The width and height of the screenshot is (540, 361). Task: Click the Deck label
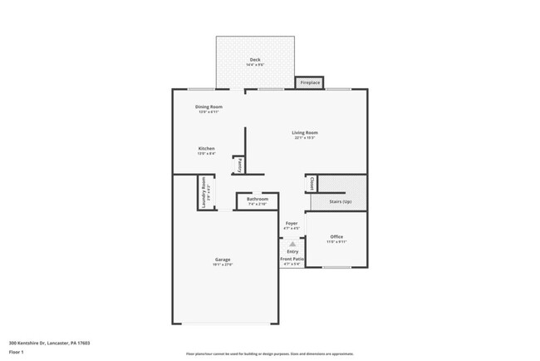click(x=255, y=60)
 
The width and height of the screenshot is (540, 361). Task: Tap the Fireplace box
click(x=310, y=83)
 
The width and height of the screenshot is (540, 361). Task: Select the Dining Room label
click(x=209, y=107)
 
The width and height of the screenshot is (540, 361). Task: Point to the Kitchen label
click(x=206, y=149)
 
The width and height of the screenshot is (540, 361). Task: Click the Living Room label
click(x=304, y=133)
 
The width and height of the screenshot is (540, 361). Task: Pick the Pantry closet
click(x=238, y=165)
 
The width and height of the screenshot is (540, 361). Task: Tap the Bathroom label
click(x=257, y=199)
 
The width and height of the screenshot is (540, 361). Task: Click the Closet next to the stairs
click(x=312, y=184)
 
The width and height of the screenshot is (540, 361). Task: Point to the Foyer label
click(x=292, y=224)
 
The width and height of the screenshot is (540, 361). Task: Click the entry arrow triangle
click(x=292, y=244)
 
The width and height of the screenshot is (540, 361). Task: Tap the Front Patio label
click(x=292, y=260)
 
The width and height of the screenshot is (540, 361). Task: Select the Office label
click(x=336, y=237)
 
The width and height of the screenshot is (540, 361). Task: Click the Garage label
click(x=223, y=260)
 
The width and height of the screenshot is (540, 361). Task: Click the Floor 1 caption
click(x=17, y=353)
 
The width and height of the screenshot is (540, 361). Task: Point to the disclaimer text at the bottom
click(x=270, y=354)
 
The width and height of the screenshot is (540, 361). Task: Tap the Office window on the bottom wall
click(x=336, y=267)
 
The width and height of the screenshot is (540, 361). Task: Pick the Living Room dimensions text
click(x=304, y=138)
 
